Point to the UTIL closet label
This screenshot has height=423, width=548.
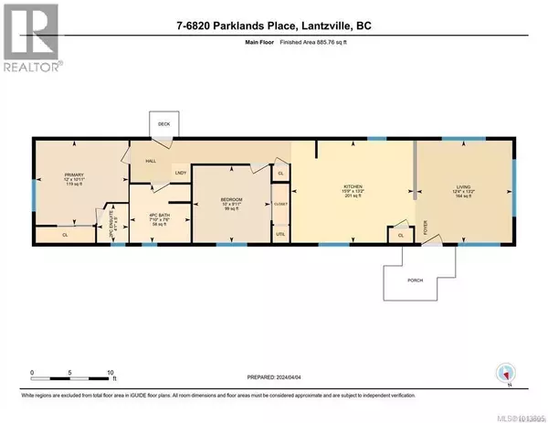pyautogui.click(x=280, y=234)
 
